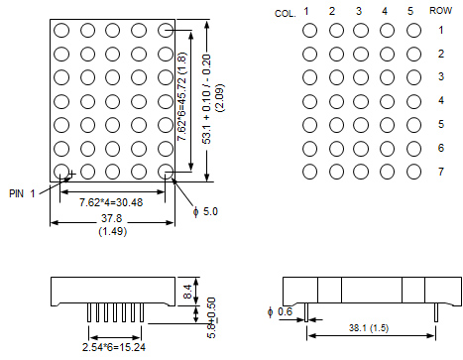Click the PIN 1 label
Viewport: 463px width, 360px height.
(22, 193)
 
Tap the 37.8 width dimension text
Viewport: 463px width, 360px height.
(112, 218)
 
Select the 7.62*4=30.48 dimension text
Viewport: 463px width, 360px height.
(111, 202)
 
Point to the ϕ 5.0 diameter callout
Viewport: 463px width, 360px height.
(205, 211)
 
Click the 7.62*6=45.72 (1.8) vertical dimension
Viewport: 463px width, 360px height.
(182, 96)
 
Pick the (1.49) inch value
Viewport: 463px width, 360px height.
(113, 231)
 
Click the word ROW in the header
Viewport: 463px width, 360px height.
(440, 11)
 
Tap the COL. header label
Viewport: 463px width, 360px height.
(286, 14)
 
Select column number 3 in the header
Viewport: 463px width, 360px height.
(359, 11)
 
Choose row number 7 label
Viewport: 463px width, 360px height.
(441, 172)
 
